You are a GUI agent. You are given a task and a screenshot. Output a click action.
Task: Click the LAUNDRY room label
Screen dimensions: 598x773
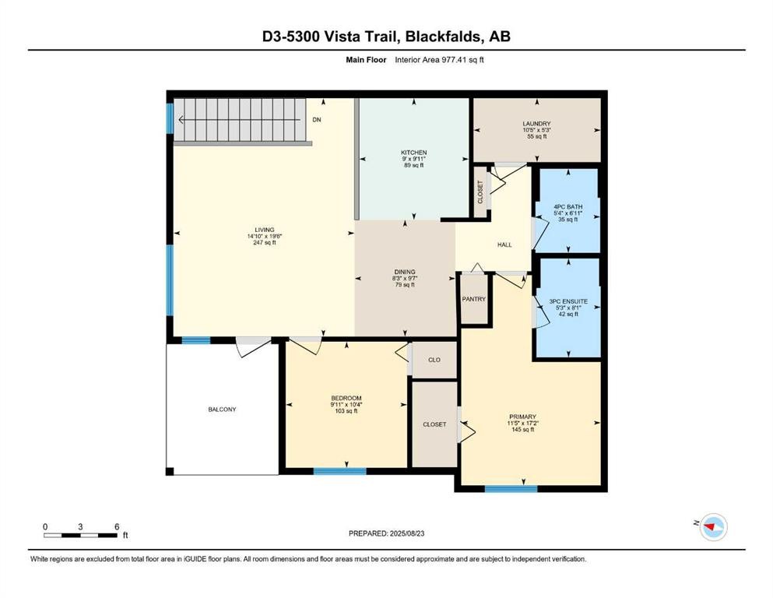536,123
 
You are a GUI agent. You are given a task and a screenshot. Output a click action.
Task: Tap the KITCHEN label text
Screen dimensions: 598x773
413,153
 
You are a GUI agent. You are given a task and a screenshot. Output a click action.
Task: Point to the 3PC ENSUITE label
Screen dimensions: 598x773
567,301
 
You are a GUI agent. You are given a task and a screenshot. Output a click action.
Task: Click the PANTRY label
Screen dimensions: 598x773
473,299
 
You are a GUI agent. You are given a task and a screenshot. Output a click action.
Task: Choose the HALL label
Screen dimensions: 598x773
504,244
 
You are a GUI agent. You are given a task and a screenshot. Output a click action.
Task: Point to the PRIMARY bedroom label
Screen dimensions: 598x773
522,417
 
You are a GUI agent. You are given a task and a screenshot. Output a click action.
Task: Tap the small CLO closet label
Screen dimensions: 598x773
434,361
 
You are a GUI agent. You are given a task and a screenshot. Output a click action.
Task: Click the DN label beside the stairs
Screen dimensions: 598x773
317,120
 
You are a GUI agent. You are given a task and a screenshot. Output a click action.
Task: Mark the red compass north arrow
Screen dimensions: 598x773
710,527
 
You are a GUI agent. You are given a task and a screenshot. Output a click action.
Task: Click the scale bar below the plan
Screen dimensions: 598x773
80,535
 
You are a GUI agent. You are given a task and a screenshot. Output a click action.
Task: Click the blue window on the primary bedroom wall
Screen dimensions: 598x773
511,489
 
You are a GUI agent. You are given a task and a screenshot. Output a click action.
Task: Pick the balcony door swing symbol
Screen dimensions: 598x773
255,347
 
